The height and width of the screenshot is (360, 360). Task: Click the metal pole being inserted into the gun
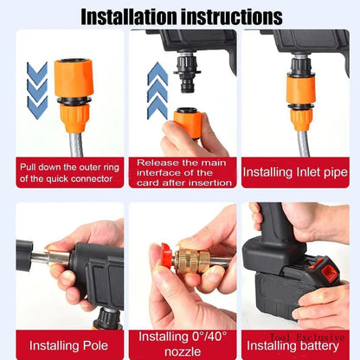click(48, 258)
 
